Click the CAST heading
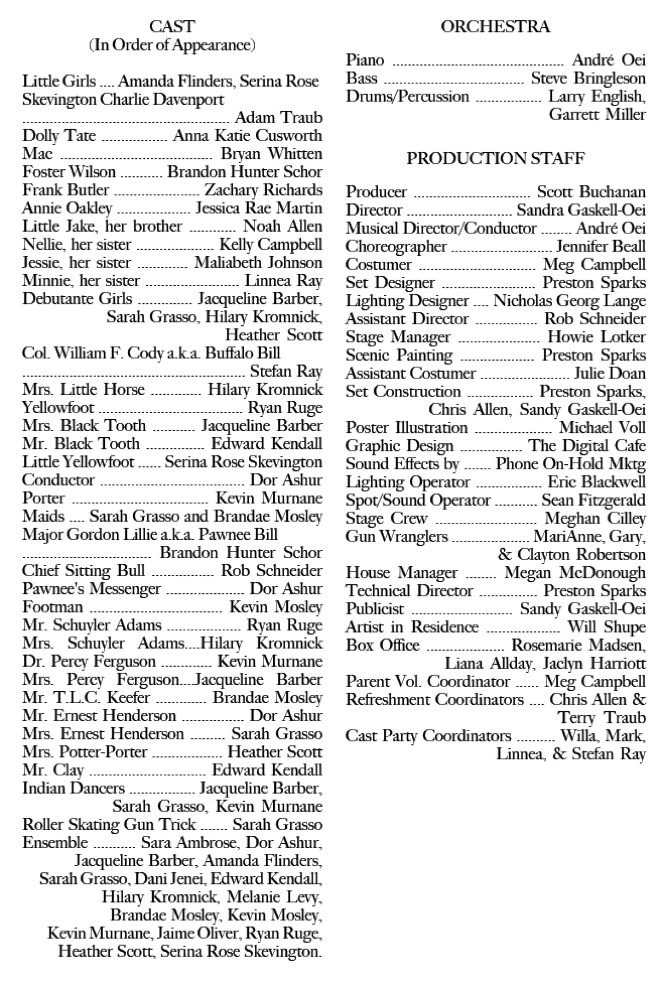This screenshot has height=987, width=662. coord(172,26)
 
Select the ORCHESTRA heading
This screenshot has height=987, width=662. coord(495,26)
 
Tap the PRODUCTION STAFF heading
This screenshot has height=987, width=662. coord(495,158)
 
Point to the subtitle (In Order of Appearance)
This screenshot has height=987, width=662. coord(172,45)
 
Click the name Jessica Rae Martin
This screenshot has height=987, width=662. coord(258,208)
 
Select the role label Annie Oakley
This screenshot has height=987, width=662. coord(67,208)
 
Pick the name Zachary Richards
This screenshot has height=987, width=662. coord(263,190)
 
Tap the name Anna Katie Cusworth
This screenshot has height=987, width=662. coord(247,136)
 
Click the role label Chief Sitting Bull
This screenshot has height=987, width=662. coord(83,571)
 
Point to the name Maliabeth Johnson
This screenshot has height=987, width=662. coord(258,262)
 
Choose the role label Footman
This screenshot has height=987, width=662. coord(52,607)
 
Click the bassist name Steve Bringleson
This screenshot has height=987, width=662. coord(588,78)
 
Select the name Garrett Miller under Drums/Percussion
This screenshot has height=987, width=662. coord(597,114)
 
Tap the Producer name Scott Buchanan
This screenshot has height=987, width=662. coord(591,192)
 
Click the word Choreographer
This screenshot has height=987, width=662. coord(396,246)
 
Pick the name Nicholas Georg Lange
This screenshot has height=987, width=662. coord(569,301)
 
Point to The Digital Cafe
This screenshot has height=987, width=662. coord(586,446)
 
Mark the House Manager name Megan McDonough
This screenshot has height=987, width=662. coord(574,573)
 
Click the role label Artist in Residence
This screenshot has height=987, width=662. coord(412,627)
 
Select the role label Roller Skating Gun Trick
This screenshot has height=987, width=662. coord(109,824)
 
